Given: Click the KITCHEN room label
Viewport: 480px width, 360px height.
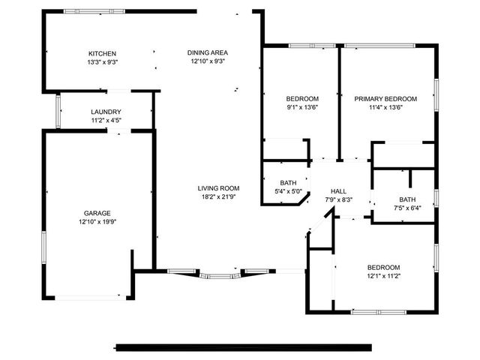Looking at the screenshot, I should pyautogui.click(x=102, y=53).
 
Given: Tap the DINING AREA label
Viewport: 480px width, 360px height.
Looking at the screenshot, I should pyautogui.click(x=208, y=52).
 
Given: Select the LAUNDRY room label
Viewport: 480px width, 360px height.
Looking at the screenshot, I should pyautogui.click(x=106, y=112).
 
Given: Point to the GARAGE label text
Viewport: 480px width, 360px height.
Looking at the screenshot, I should pyautogui.click(x=97, y=213).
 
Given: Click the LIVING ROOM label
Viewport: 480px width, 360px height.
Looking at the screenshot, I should pyautogui.click(x=218, y=188).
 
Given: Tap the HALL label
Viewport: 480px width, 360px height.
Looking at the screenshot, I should pyautogui.click(x=338, y=191).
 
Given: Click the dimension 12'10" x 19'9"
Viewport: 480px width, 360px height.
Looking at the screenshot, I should pyautogui.click(x=97, y=222).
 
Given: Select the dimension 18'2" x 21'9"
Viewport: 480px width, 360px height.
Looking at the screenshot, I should pyautogui.click(x=218, y=197).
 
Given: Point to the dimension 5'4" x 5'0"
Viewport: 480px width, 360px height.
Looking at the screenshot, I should pyautogui.click(x=289, y=191).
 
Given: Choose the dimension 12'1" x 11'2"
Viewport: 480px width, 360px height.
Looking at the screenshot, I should pyautogui.click(x=382, y=277).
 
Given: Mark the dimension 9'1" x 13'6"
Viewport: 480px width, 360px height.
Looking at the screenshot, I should pyautogui.click(x=302, y=107).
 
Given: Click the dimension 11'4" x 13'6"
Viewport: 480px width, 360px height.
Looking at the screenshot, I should pyautogui.click(x=385, y=107).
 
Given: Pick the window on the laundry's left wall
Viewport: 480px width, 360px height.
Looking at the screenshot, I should pyautogui.click(x=58, y=112).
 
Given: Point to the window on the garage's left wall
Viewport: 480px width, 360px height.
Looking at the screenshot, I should pyautogui.click(x=43, y=247).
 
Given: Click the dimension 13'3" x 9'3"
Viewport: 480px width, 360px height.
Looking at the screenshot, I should pyautogui.click(x=102, y=62).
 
